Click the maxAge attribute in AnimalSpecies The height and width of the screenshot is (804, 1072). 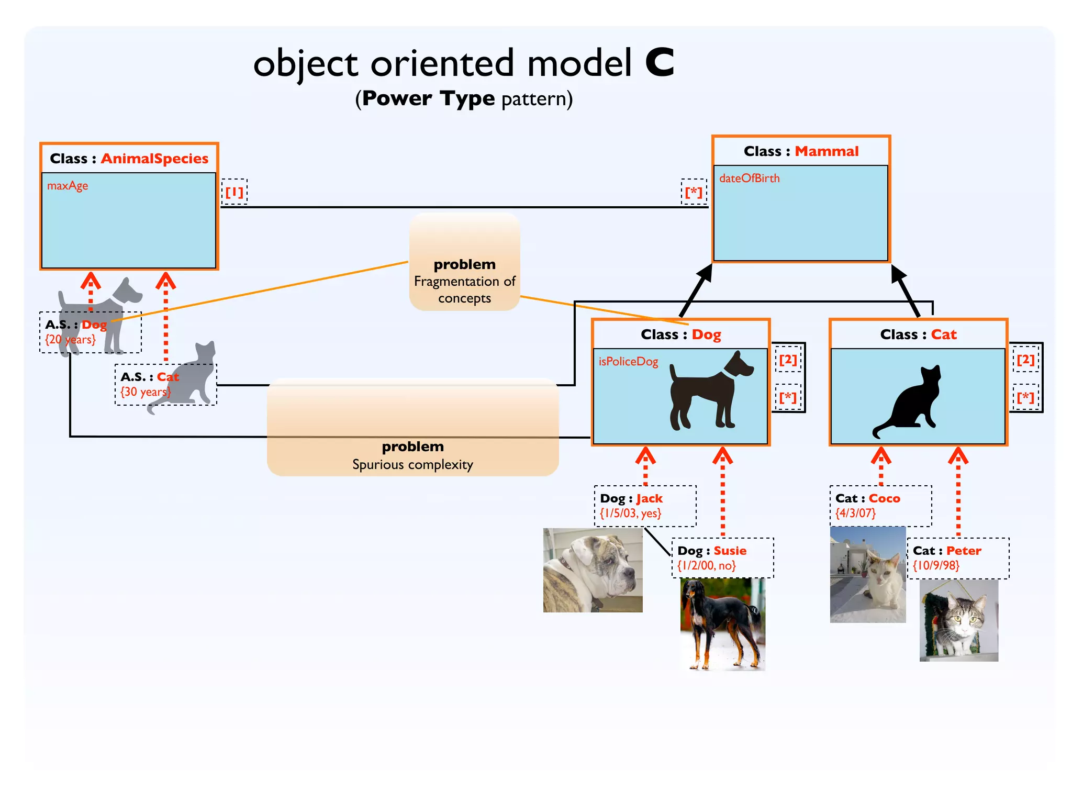68,186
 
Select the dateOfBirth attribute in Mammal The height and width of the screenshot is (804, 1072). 749,178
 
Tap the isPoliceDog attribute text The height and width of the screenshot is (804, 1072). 628,362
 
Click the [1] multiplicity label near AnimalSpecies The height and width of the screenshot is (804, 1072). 234,192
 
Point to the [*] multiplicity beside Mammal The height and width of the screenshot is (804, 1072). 694,192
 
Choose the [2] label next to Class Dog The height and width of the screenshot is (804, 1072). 788,360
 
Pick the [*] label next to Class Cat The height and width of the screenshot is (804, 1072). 1025,398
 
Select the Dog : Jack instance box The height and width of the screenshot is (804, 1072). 645,506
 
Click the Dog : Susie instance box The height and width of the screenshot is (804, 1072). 722,558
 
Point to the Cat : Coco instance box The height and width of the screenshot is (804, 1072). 880,506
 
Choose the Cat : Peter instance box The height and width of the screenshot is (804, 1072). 958,558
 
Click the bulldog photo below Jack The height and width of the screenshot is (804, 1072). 593,570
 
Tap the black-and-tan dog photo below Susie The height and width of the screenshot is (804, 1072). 722,624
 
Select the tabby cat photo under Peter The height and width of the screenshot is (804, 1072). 959,620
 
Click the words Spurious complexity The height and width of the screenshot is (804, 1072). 412,465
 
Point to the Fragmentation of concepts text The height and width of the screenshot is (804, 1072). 465,289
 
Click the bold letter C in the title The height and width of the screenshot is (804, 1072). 660,63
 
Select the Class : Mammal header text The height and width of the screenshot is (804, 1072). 801,151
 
